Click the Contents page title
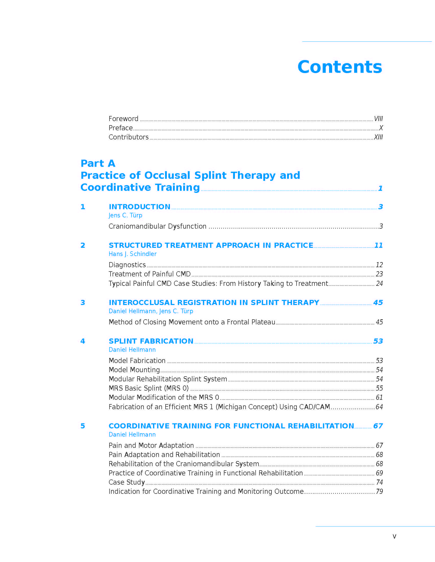click(x=339, y=67)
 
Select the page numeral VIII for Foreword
click(x=378, y=119)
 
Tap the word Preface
click(x=121, y=128)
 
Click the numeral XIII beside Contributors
click(x=378, y=137)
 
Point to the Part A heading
click(x=98, y=163)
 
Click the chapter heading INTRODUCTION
click(x=139, y=207)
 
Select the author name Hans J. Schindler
click(x=133, y=254)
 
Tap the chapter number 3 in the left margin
click(x=83, y=302)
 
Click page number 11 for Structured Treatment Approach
click(x=378, y=245)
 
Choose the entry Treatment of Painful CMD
click(x=149, y=274)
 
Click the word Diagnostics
click(x=127, y=265)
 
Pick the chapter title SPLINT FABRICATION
click(x=151, y=341)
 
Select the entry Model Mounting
click(x=134, y=370)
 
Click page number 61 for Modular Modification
click(x=379, y=397)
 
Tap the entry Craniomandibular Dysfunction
click(x=157, y=226)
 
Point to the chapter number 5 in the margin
click(x=83, y=426)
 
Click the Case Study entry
click(x=126, y=482)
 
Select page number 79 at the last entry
click(x=379, y=491)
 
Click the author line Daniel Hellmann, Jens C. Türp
click(x=151, y=311)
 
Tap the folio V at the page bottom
click(x=394, y=536)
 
